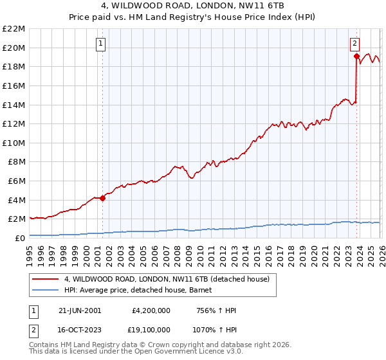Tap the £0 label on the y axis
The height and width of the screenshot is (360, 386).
coord(19,238)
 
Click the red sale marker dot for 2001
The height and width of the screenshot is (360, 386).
coord(102,198)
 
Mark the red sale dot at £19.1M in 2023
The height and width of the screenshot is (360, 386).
coord(356,56)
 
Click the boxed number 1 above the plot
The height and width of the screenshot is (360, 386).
coord(102,44)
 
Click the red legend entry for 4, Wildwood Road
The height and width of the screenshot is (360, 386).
coord(170,279)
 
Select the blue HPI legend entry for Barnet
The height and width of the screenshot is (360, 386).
coord(142,290)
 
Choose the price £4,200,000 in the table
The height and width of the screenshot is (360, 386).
coord(151,310)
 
